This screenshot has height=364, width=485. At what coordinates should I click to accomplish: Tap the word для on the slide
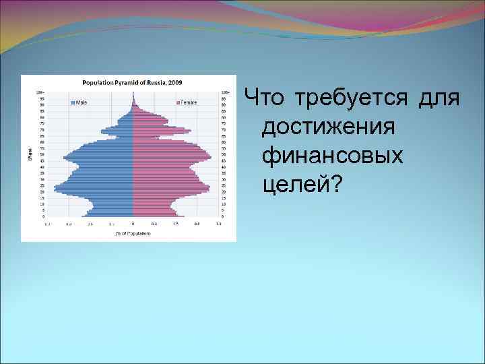(439, 98)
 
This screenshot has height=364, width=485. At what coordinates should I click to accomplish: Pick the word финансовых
(333, 155)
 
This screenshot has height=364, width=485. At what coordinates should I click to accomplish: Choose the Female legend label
(189, 102)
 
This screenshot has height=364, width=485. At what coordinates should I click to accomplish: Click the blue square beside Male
(73, 102)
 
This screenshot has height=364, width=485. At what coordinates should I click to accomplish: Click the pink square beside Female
(178, 102)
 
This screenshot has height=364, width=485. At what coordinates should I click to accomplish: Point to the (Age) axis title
(29, 154)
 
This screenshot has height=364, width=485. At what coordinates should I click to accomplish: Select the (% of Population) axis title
(133, 233)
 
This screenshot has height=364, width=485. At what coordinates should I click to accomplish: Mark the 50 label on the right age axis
(224, 154)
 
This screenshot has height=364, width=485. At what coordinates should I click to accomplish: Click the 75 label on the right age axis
(224, 123)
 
